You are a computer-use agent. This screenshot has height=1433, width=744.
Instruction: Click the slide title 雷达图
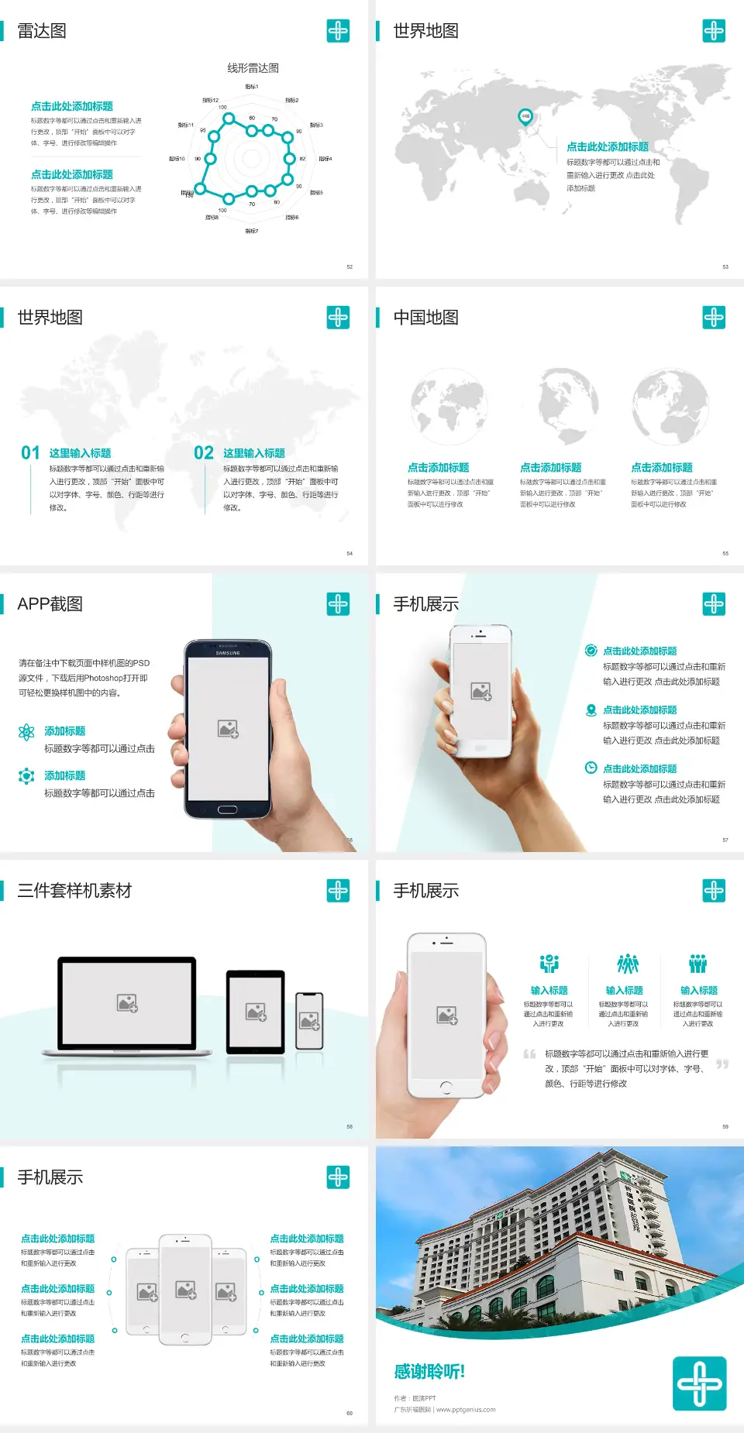coord(42,31)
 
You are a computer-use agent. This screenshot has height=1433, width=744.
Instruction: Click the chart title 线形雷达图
coord(253,68)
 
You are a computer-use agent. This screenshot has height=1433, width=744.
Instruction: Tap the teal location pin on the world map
coord(525,116)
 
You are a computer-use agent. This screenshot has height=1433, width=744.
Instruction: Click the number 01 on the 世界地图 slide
coord(30,453)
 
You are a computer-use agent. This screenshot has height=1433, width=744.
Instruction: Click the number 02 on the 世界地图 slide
coord(204,453)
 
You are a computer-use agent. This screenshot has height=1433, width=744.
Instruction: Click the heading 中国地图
coord(425,318)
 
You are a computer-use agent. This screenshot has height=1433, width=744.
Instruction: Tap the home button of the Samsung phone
coord(227,809)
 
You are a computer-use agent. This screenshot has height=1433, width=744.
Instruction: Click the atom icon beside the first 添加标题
coord(26,732)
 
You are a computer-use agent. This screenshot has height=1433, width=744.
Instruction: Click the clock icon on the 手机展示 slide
coord(591,768)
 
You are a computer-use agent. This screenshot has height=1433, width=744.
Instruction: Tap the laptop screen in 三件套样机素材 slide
coord(127,1003)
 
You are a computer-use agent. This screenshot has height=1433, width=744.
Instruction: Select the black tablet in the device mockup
coord(256,1011)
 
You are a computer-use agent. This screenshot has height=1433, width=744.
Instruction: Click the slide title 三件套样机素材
coord(74,891)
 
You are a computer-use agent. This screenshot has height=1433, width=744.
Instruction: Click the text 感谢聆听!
coord(429,1372)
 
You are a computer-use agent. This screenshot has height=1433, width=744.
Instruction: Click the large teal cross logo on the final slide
coord(699,1383)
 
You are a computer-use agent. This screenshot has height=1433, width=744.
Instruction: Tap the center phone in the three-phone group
coord(185,1290)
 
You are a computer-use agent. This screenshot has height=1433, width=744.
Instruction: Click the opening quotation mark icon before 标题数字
coord(529,1054)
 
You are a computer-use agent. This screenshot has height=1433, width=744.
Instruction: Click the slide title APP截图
coord(50,604)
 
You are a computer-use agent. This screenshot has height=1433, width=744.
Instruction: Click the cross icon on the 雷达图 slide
coord(338,31)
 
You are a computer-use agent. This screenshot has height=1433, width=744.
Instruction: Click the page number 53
coord(725,266)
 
